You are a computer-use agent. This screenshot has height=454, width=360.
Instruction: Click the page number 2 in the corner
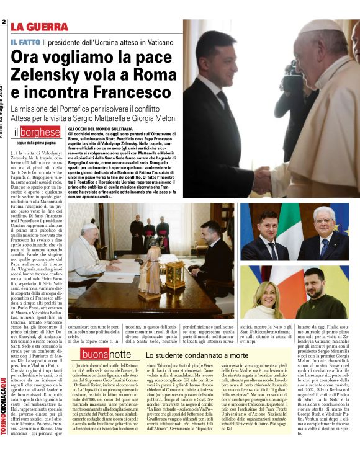point(4,23)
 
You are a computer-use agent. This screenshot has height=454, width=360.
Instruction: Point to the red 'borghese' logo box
point(40,132)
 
